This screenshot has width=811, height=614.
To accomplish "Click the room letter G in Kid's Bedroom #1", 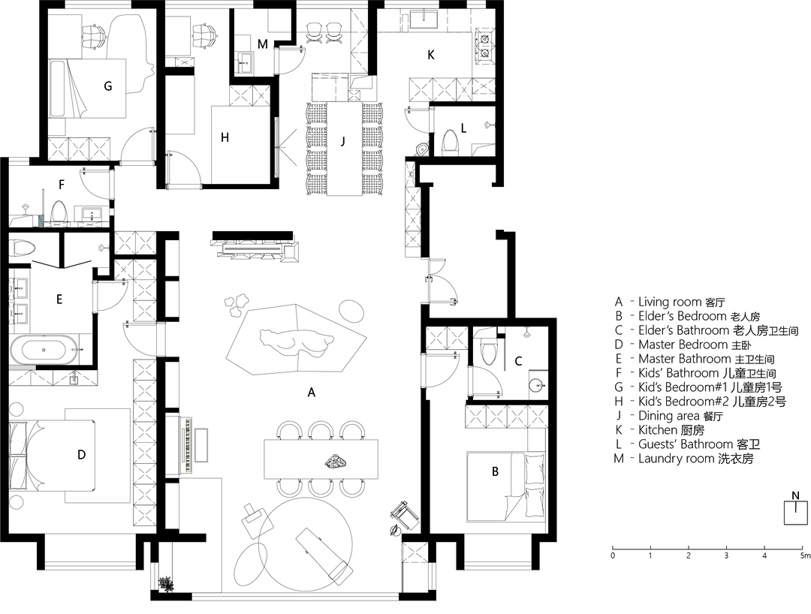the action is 107,86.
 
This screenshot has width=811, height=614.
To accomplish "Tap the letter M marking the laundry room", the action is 262,44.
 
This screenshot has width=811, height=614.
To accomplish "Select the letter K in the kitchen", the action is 431,55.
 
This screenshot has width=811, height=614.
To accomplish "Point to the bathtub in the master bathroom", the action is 44,350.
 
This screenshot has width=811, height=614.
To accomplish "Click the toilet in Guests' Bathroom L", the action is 450,142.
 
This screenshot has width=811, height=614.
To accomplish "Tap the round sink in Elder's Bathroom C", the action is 538,384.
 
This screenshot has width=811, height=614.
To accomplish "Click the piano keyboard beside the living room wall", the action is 187,444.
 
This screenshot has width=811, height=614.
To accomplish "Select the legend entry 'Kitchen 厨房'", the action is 671,430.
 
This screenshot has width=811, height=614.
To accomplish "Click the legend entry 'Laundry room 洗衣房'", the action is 695,459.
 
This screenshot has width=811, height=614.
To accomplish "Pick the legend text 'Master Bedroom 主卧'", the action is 695,345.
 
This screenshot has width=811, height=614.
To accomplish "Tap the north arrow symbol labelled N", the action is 795,509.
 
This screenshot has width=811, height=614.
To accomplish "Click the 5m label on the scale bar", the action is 805,556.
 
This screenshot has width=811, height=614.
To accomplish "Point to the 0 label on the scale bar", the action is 613,556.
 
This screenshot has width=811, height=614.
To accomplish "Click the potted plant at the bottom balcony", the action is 167,584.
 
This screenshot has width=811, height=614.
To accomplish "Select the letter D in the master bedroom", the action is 81,455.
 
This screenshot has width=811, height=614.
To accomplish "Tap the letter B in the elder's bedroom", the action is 495,471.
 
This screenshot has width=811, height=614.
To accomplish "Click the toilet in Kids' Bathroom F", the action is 59,212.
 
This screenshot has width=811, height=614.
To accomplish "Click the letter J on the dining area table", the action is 343,141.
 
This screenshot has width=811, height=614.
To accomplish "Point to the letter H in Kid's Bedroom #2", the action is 225,137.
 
